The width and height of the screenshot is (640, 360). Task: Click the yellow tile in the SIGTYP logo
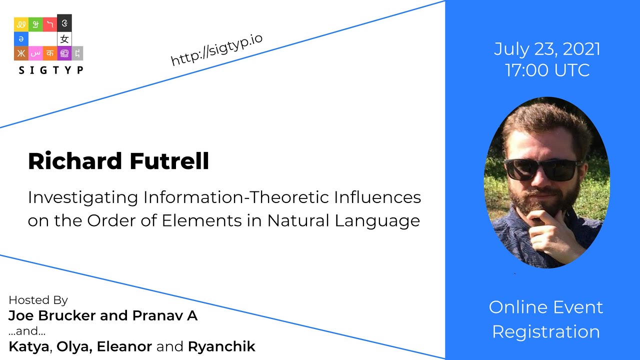pos(21,24)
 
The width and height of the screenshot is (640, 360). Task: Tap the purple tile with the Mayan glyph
pos(64,53)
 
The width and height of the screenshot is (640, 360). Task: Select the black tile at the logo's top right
pos(64,22)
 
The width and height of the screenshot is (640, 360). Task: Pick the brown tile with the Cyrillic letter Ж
pos(21,53)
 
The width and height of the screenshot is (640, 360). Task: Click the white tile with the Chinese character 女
pos(64,38)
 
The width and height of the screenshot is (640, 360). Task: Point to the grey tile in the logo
pos(77,53)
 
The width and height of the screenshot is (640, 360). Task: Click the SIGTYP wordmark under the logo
pos(50,70)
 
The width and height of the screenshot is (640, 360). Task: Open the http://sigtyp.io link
pos(216,50)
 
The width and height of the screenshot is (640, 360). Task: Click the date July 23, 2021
pos(547,49)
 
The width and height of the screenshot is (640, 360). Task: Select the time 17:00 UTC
pos(547,70)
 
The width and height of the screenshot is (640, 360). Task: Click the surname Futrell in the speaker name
pos(169,161)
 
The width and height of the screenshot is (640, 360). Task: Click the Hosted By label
pos(38,300)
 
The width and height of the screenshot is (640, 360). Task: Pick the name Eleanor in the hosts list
pos(123,346)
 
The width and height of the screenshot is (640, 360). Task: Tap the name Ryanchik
pos(221,346)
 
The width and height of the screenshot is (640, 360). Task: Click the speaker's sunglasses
pos(543,169)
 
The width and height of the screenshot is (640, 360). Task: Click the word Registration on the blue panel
pos(546,331)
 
